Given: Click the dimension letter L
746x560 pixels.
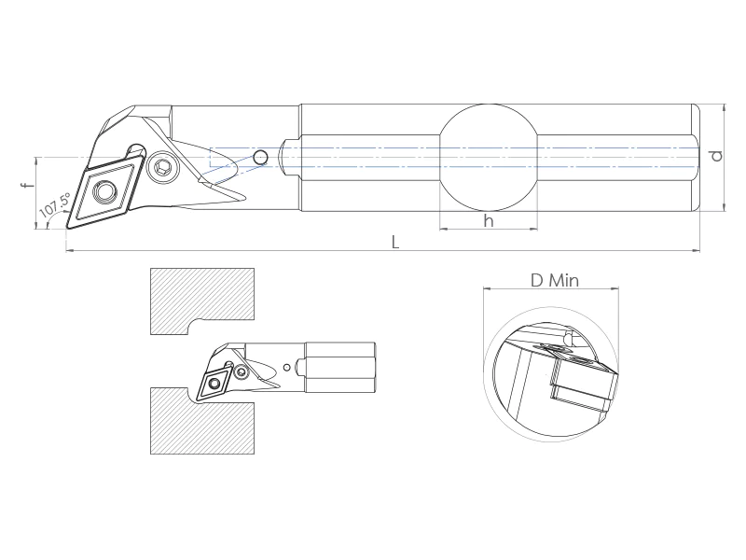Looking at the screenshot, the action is click(x=394, y=242).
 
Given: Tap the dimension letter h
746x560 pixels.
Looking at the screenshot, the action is click(x=488, y=221).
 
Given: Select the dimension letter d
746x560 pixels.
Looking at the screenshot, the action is click(x=716, y=155).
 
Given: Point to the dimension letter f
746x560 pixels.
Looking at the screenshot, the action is click(x=30, y=184).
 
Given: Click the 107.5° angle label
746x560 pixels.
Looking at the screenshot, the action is click(x=56, y=205).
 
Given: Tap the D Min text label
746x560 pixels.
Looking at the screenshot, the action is click(x=555, y=281).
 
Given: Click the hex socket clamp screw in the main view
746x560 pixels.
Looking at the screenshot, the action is click(x=163, y=168).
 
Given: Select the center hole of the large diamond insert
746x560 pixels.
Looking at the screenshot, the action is click(x=104, y=192).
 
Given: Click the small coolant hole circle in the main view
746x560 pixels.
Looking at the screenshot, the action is click(x=260, y=157).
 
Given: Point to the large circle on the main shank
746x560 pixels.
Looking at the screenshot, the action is click(x=488, y=105).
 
